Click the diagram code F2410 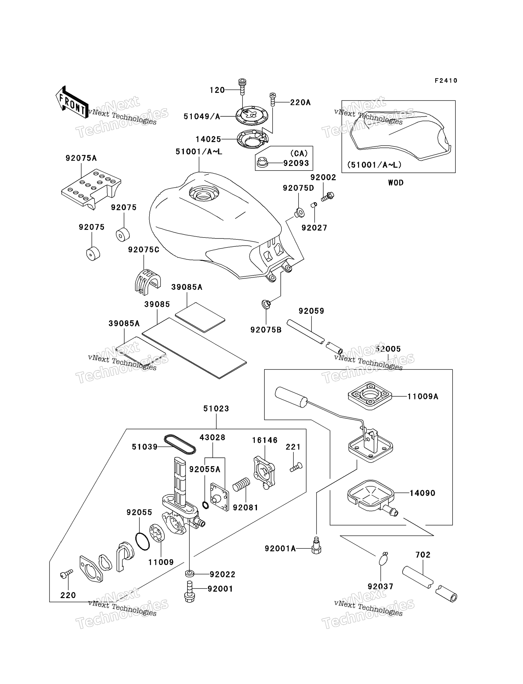tap(446, 81)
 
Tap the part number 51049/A tap(202, 116)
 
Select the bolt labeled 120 tap(242, 87)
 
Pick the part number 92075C tap(143, 250)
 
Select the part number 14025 tap(208, 139)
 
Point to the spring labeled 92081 tap(241, 485)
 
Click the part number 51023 tap(216, 408)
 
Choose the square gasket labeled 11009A tap(370, 396)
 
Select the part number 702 tap(423, 554)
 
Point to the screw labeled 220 tap(66, 574)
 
